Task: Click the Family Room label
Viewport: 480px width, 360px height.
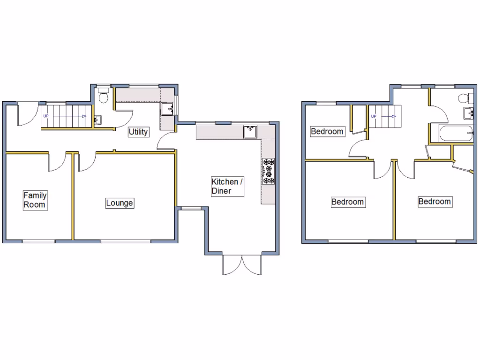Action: pos(35,200)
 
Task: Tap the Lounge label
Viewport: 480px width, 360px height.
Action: pos(120,203)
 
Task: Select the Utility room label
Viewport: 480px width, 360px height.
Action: pos(138,132)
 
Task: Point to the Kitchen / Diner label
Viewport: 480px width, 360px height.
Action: pos(228,186)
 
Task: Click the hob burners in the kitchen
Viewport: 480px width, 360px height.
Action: pos(269,171)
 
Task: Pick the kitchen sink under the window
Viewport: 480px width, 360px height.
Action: pos(250,131)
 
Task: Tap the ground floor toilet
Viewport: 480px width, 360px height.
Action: pos(104,96)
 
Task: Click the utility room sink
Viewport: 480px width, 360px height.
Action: pos(167,109)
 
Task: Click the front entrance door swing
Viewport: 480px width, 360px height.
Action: pos(25,115)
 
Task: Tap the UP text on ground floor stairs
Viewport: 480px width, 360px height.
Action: pos(46,115)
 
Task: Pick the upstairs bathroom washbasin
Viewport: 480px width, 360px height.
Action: pos(467,113)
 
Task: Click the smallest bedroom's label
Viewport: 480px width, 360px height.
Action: pos(327,132)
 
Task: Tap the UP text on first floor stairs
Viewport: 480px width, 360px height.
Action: pos(374,116)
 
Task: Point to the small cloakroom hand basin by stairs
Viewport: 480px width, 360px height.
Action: pos(97,120)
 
